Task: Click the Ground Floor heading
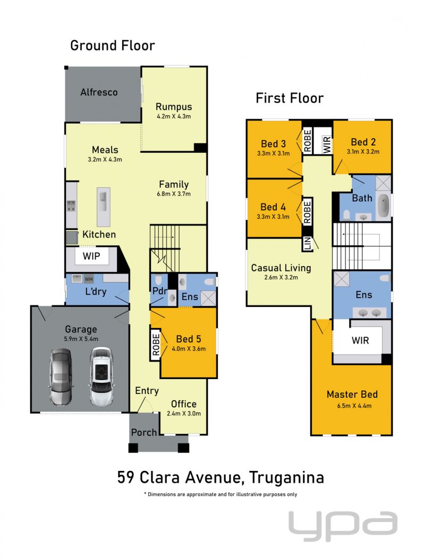coord(113,46)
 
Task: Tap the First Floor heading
coord(290,98)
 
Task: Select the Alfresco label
coord(99,92)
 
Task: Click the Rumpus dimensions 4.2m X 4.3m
coord(174,116)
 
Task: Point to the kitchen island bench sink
coord(104,198)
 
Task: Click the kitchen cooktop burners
coord(71,205)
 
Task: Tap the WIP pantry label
coord(91,256)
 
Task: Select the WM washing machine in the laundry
coord(89,279)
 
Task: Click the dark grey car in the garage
coord(61,377)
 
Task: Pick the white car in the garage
coord(101,376)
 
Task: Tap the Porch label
coord(144,432)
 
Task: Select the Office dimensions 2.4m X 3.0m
coord(184,414)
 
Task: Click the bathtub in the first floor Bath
coord(383,205)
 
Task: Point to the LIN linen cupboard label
coord(308,243)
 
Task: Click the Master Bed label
coord(352,394)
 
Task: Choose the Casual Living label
coord(281,268)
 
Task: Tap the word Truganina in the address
coord(286,478)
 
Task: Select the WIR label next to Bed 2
coord(327,144)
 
